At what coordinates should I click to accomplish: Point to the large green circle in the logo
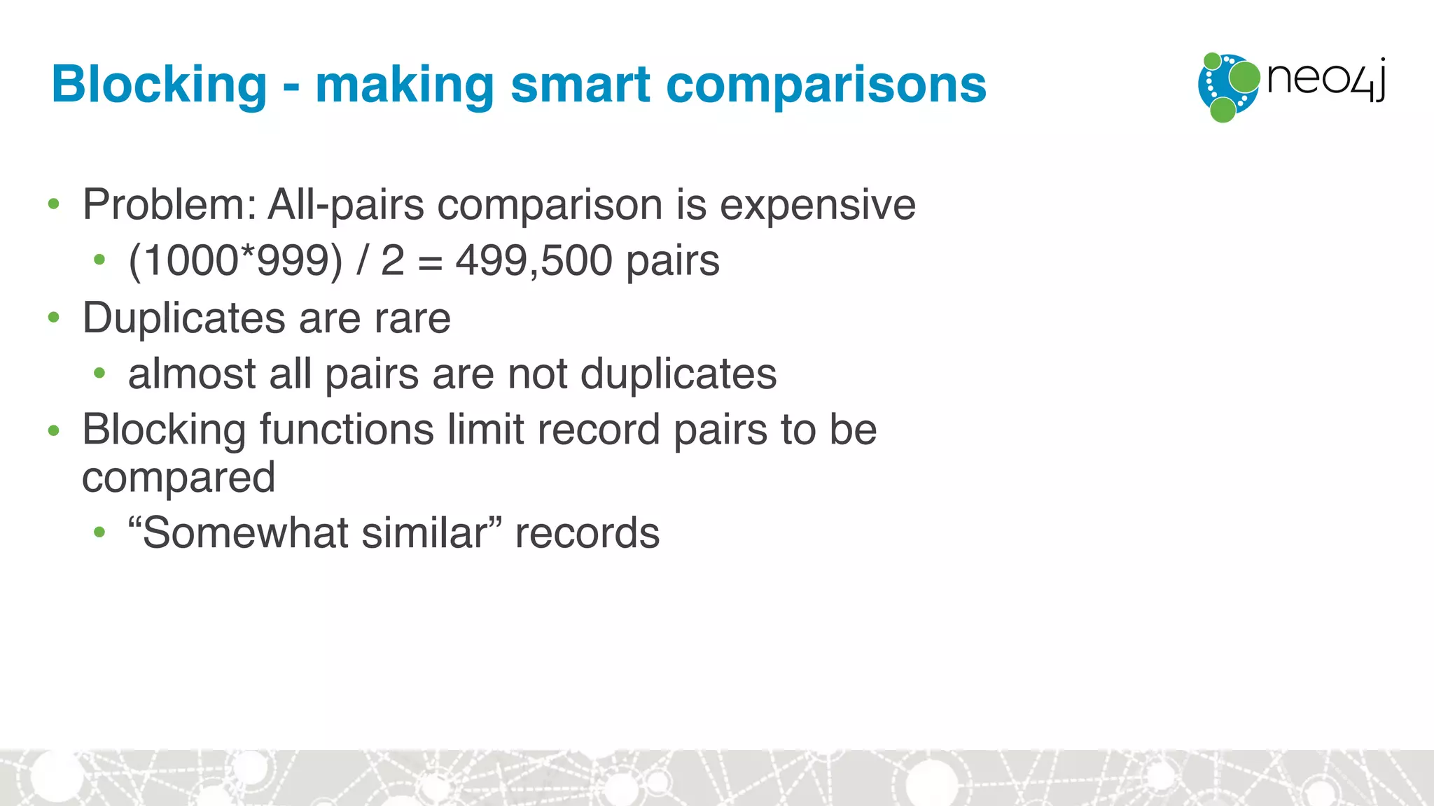pos(1244,77)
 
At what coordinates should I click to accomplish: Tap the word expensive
pos(817,205)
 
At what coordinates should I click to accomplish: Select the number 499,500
pos(534,260)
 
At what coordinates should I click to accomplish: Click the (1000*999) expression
pos(235,260)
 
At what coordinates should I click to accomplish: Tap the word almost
pos(191,374)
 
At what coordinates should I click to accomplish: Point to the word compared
pos(179,478)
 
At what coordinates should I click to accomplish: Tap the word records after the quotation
pos(587,533)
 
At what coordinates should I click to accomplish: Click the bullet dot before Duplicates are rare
pos(54,318)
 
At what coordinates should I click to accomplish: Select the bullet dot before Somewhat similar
pos(99,533)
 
